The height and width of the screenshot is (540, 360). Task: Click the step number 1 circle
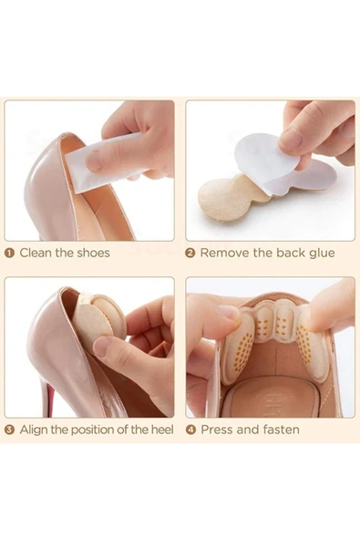click(x=10, y=254)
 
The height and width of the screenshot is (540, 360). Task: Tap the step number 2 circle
click(x=190, y=254)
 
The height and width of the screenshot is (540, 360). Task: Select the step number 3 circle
click(x=10, y=430)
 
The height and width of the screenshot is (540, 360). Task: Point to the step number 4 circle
click(x=190, y=430)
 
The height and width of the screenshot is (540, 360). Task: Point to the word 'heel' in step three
click(x=162, y=430)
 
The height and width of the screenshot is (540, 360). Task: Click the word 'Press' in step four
click(x=216, y=430)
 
